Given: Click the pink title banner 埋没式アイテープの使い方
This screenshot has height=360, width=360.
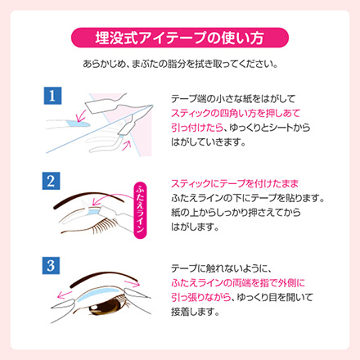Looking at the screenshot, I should (x=180, y=38).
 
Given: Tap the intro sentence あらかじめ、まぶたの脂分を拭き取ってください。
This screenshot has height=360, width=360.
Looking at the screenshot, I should (x=180, y=64).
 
